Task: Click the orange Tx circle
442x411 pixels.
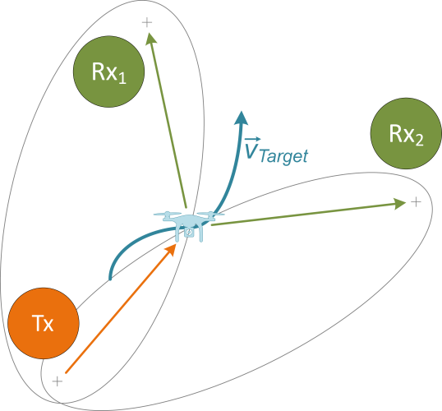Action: click(44, 324)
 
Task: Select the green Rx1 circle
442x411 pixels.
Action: click(109, 75)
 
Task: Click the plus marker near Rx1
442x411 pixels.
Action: click(148, 22)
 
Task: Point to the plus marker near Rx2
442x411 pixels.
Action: click(416, 201)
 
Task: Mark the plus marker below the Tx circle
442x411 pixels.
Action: click(57, 381)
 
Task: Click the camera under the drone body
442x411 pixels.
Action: click(189, 233)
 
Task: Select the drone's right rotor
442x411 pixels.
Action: click(211, 215)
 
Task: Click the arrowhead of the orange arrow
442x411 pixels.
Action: click(173, 247)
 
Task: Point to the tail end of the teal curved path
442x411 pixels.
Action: click(111, 278)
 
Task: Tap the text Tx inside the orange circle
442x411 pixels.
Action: click(44, 324)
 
